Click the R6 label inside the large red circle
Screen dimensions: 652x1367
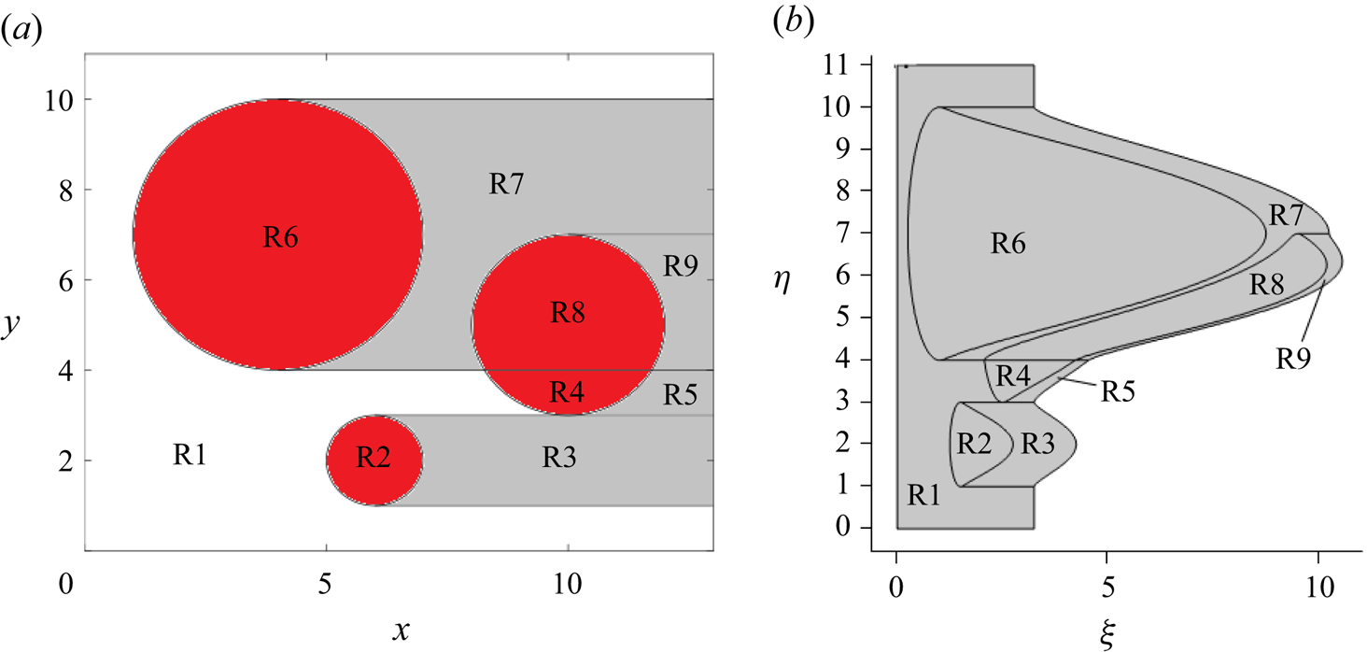[x=280, y=237]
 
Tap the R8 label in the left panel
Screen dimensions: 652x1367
[x=567, y=313]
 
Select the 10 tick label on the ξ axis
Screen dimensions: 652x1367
[x=1318, y=588]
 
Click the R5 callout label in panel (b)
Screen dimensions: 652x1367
[x=1120, y=391]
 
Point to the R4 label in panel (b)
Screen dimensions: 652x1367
[x=1013, y=376]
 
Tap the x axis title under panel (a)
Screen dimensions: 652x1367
[x=402, y=632]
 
